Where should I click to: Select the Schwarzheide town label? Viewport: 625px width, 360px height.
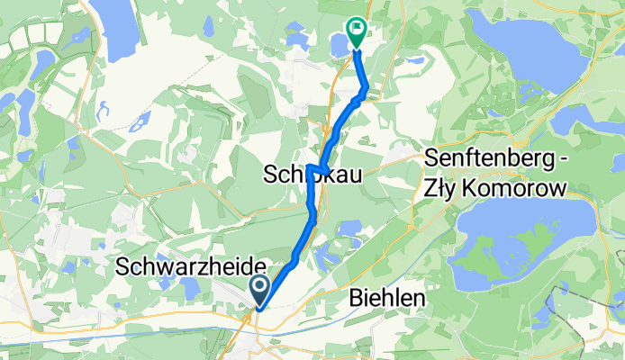[x=192, y=267]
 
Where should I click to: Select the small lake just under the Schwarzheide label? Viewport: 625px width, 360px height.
[x=188, y=288]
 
